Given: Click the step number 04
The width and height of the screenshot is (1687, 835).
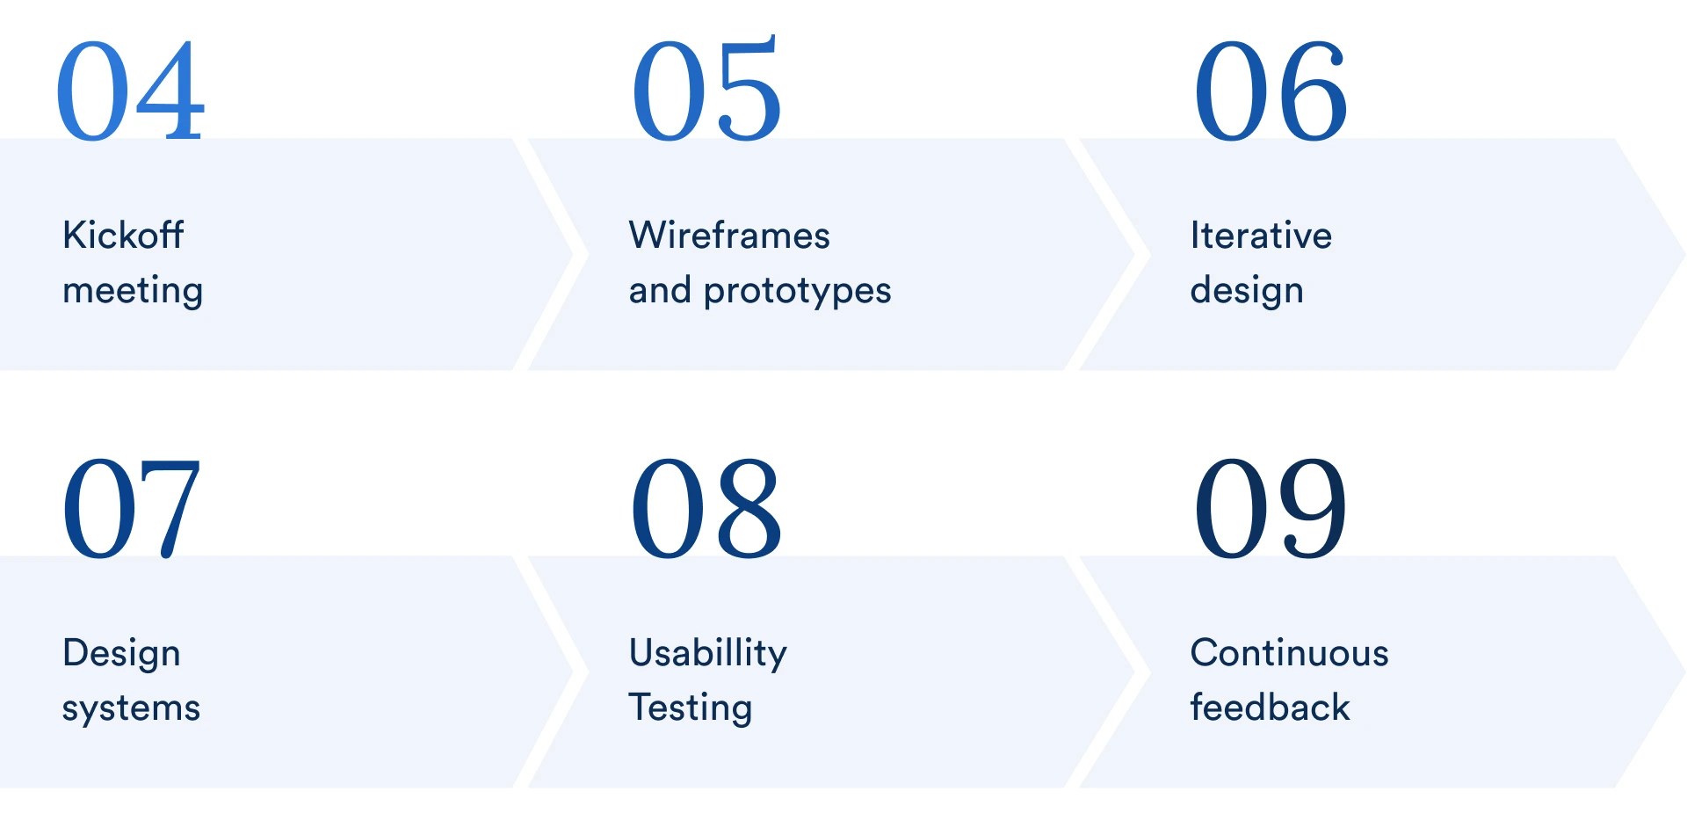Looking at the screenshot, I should pos(130,91).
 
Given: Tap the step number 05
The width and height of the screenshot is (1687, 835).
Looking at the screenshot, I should pos(706,91).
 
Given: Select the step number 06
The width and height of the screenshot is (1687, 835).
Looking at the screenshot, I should pos(1270,91).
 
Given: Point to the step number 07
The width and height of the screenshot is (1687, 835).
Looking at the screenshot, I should pos(130,508).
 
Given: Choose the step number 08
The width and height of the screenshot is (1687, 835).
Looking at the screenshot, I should pos(706,508).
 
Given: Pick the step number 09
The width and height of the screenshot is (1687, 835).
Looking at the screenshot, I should pos(1270,508).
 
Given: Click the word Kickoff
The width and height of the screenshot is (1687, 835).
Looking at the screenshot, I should pos(123,236).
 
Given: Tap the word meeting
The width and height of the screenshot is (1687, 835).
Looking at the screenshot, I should pos(133,291).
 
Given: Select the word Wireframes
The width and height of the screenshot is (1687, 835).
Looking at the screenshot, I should pos(729,236).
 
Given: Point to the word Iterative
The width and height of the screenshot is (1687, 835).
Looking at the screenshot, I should pos(1261,236).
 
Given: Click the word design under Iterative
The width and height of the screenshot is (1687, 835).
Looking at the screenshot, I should pos(1246,291).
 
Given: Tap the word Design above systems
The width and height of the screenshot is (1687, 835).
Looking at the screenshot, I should pos(121,654).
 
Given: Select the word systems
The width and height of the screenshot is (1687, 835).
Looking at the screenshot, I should pos(131,708).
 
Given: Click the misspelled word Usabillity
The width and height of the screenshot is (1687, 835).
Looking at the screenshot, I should pos(707,653).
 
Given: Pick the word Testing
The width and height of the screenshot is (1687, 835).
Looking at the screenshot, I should pos(691,708).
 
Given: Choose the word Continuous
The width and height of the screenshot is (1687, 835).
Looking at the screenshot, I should pos(1289,653).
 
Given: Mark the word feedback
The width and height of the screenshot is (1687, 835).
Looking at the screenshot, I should pos(1270,708).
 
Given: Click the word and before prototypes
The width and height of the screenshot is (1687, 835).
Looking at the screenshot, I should pos(660,291).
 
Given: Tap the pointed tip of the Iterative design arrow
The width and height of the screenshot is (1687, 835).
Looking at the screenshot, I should pos(1681,255).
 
